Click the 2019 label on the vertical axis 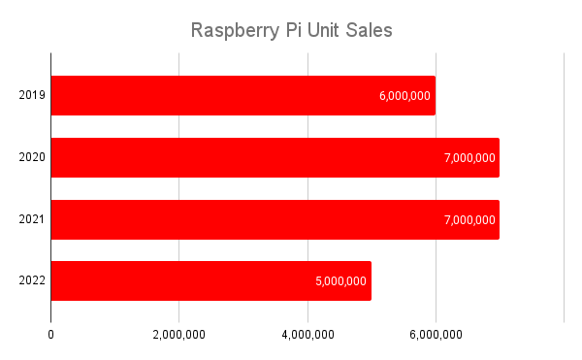(x=32, y=95)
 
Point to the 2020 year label (x=32, y=157)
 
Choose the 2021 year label (x=32, y=219)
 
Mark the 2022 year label (x=32, y=281)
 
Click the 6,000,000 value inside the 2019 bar (x=405, y=96)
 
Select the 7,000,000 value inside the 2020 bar (x=469, y=157)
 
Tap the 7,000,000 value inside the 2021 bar (x=469, y=219)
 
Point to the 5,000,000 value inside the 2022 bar (x=340, y=281)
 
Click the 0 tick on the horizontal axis (x=50, y=335)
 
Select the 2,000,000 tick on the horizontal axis (x=178, y=335)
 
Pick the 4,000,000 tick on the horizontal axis (x=307, y=335)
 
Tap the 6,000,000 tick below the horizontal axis (x=436, y=335)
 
